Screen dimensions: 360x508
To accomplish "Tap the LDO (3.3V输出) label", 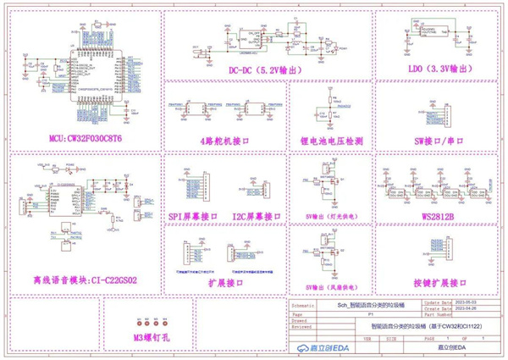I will (429, 67).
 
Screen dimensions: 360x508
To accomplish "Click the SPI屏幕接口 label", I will (193, 216).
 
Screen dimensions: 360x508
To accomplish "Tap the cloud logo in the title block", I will (304, 347).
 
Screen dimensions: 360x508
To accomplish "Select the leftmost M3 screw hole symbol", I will (133, 324).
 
